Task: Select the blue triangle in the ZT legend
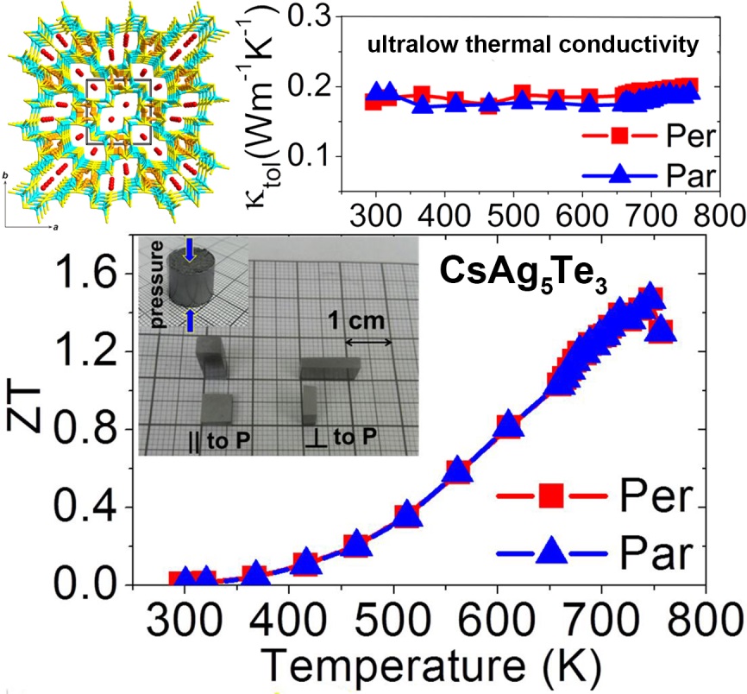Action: [550, 550]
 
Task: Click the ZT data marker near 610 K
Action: [509, 425]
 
